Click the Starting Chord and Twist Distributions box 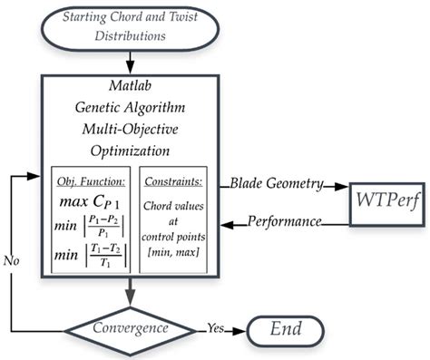click(132, 26)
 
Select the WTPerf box click(380, 198)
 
